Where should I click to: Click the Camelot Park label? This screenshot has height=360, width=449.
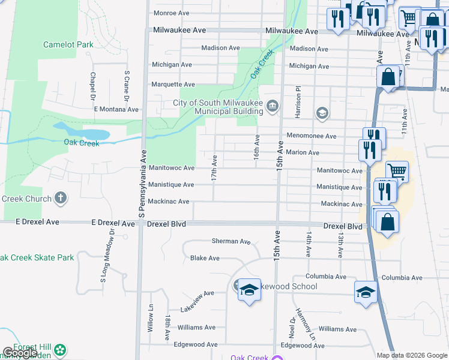68,44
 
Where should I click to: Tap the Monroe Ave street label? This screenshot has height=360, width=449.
172,13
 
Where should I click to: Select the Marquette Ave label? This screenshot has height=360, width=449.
173,85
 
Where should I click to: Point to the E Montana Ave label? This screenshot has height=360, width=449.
116,109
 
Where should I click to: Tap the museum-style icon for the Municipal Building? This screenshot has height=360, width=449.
273,107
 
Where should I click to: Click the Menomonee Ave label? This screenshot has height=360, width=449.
312,136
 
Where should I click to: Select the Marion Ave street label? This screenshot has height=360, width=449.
303,153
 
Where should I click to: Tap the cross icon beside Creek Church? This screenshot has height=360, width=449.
60,198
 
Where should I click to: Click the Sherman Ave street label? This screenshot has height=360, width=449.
231,241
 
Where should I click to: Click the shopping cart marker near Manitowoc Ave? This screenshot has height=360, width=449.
397,172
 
